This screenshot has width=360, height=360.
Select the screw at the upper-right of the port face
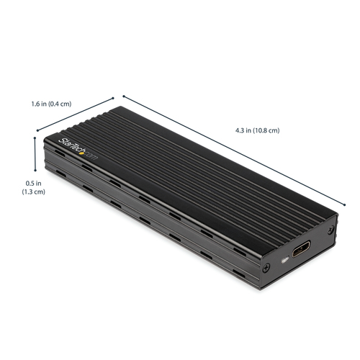[330, 230]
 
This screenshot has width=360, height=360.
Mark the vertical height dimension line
[35, 153]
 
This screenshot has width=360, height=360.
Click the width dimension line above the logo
[75, 114]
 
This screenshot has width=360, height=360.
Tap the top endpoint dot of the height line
[35, 132]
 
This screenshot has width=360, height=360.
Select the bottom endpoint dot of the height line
[35, 173]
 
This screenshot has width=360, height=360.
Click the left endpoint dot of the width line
[36, 130]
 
